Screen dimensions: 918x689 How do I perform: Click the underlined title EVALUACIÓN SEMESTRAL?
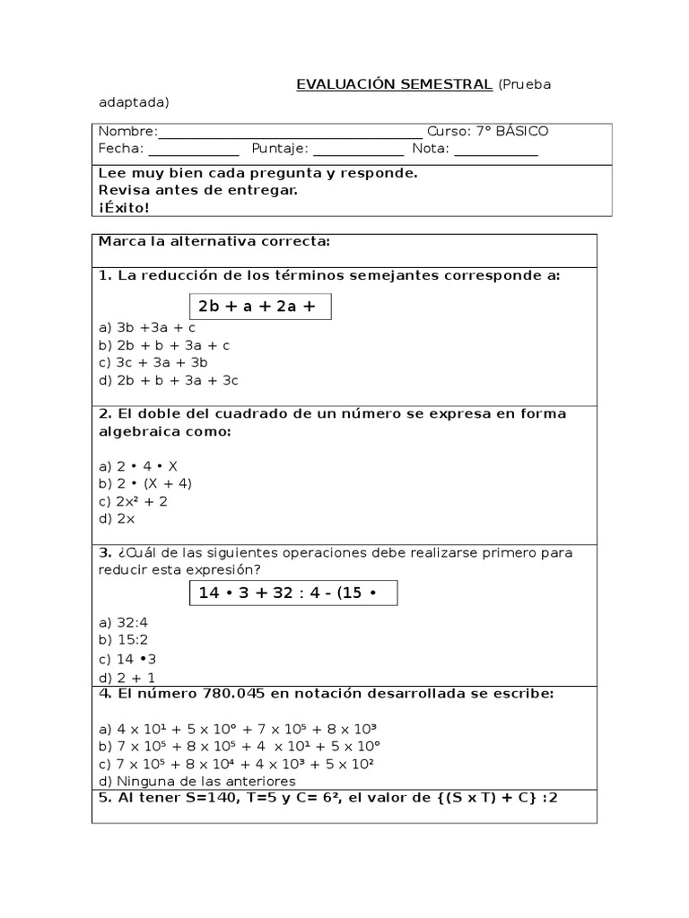pos(394,84)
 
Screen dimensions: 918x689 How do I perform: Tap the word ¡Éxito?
pos(125,207)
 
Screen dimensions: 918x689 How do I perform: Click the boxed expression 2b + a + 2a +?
pos(258,307)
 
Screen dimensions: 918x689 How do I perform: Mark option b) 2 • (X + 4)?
pos(145,483)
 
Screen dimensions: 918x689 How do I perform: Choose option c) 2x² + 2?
pos(134,501)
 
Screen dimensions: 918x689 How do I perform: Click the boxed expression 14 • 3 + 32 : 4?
pos(292,593)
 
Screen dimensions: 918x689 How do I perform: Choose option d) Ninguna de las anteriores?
pos(197,781)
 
